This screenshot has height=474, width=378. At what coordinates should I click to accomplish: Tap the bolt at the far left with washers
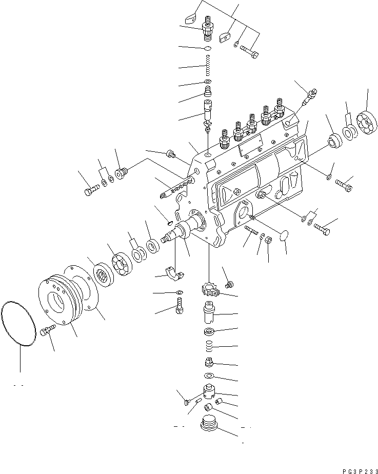[89, 191]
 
